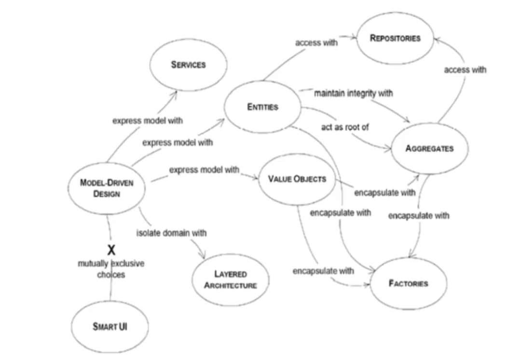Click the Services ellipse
coord(188,65)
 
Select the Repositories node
coord(395,38)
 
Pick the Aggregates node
coord(429,148)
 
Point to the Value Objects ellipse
coord(297,179)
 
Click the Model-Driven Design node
coord(106,188)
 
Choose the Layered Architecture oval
coord(230,280)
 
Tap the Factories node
coord(408,283)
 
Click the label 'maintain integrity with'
coord(353,93)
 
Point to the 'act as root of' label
coord(344,127)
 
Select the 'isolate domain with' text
coord(171,233)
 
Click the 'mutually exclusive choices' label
coord(111,269)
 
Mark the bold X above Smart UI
coord(111,250)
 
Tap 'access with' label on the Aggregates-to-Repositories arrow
coord(464,70)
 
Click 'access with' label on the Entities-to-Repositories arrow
coord(316,42)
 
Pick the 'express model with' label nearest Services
coord(148,120)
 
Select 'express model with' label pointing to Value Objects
coord(204,170)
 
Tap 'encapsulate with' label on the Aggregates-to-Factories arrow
coord(418,215)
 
